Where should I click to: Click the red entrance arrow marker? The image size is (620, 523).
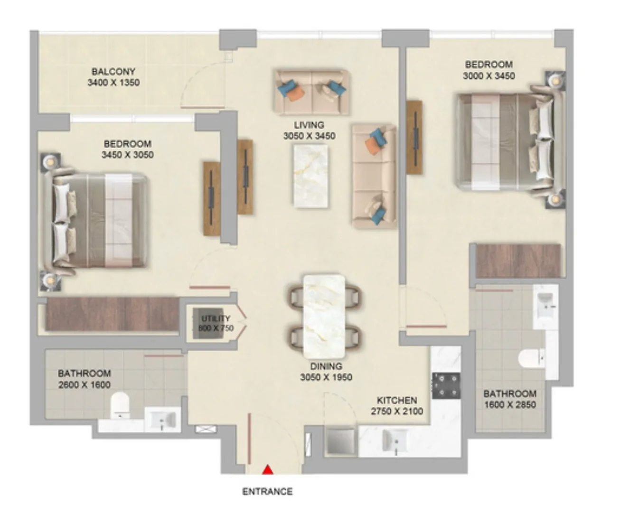tap(268, 470)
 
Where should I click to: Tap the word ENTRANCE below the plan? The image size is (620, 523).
tap(268, 492)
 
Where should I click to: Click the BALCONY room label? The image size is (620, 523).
tap(113, 72)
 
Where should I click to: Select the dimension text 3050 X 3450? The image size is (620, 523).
tap(309, 136)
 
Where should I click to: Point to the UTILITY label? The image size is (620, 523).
tap(216, 318)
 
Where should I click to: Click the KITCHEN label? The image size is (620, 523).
tap(397, 401)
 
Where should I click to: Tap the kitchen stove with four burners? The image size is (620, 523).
tap(446, 386)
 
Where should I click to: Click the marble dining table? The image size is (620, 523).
tap(324, 316)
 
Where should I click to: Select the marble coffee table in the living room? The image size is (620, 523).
tap(311, 176)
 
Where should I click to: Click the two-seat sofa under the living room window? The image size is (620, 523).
tap(312, 93)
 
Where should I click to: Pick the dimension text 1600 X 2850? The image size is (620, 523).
tap(510, 405)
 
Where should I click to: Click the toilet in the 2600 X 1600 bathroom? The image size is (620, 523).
tap(120, 405)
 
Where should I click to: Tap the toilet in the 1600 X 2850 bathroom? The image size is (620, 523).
tap(532, 359)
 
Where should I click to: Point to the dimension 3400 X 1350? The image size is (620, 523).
tap(113, 83)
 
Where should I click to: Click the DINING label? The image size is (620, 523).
tap(326, 366)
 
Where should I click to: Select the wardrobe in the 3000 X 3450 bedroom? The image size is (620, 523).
tap(518, 261)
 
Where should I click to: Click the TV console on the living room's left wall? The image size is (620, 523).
tap(245, 177)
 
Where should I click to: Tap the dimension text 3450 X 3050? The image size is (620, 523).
tap(128, 155)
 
